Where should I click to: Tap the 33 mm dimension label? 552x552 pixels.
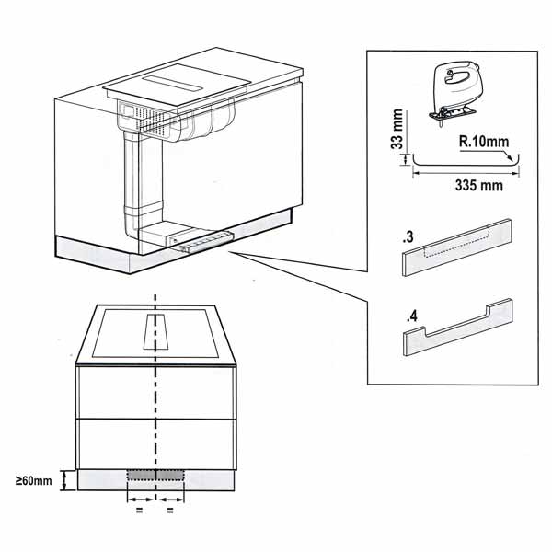tap(397, 129)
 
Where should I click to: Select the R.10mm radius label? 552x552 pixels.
tap(484, 142)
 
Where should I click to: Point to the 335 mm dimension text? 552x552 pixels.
tap(478, 185)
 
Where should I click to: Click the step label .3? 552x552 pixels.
tap(408, 237)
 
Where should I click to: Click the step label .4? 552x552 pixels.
tap(411, 316)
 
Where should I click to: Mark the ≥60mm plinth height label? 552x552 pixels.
tap(33, 480)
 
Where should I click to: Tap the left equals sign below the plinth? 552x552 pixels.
tap(140, 510)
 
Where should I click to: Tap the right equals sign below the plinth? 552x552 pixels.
tap(170, 510)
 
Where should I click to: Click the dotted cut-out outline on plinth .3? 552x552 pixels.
tap(456, 243)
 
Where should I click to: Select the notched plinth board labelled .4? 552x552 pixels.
tap(458, 328)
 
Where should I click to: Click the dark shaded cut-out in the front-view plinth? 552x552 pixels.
tap(155, 476)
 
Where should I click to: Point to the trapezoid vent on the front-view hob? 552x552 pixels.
tap(155, 331)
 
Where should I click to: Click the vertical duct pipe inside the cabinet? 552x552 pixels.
tap(132, 183)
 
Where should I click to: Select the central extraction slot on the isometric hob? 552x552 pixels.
tap(173, 84)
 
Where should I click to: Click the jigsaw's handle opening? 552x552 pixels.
tap(457, 77)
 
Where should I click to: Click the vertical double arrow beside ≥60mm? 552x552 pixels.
tap(64, 481)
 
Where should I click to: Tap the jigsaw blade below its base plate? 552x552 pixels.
tap(441, 123)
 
